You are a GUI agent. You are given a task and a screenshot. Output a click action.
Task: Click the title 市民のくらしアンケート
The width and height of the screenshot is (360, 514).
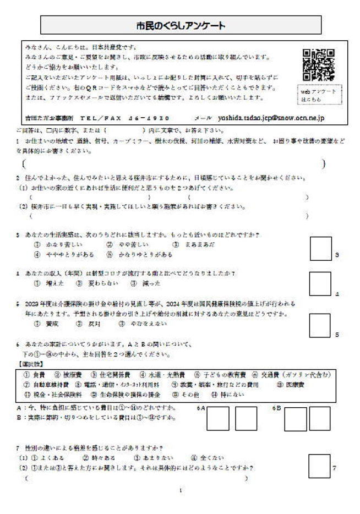180,25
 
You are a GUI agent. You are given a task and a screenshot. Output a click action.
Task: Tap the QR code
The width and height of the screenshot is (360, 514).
319,65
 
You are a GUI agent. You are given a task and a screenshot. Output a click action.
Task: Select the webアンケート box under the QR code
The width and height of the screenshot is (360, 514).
317,95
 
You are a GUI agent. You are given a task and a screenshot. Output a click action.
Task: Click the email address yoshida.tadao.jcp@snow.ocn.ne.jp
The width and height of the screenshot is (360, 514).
271,118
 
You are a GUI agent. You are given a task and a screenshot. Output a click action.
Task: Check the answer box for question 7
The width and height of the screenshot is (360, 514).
319,466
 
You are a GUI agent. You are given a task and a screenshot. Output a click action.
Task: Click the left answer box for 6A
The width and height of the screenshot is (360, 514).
218,419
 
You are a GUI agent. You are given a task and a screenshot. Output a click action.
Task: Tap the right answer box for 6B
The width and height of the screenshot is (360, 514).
320,419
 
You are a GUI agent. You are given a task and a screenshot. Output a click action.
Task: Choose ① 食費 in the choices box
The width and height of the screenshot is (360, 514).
38,375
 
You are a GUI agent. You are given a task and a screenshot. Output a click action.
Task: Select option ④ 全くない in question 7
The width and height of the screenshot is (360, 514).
207,457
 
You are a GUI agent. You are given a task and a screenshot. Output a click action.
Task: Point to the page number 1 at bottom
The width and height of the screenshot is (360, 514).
181,490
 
